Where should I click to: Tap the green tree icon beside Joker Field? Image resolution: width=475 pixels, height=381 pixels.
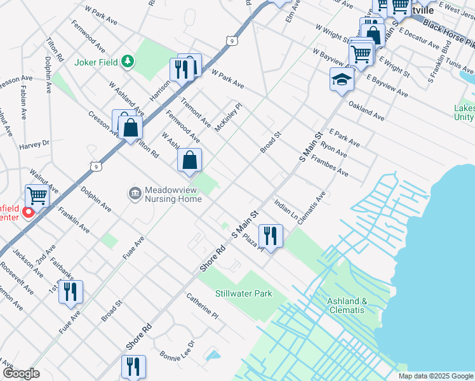pyautogui.click(x=128, y=61)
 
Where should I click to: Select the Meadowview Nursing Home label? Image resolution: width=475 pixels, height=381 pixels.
pyautogui.click(x=173, y=194)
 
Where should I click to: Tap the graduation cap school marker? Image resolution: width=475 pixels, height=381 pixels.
pyautogui.click(x=342, y=80)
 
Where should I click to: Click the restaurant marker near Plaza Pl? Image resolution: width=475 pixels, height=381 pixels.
pyautogui.click(x=271, y=236)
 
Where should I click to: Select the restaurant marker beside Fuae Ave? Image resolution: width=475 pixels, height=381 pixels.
pyautogui.click(x=70, y=291)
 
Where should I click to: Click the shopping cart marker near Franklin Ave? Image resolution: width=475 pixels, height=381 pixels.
pyautogui.click(x=37, y=196)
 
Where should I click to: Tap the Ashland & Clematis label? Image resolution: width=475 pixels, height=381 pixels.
pyautogui.click(x=346, y=305)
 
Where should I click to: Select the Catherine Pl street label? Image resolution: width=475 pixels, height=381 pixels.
pyautogui.click(x=202, y=305)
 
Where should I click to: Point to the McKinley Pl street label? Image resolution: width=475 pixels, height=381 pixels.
pyautogui.click(x=228, y=117)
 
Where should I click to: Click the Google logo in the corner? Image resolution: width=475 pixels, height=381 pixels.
pyautogui.click(x=21, y=373)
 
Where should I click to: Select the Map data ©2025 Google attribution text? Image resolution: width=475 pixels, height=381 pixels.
pyautogui.click(x=435, y=376)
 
